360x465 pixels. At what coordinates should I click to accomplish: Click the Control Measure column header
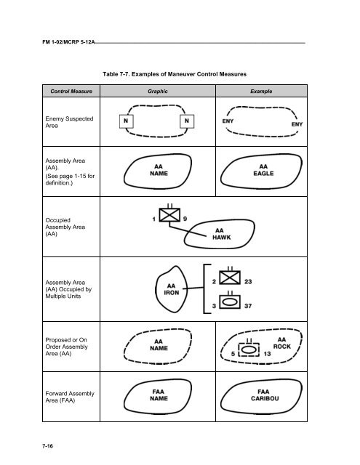(71, 92)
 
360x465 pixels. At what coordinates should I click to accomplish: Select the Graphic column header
(158, 92)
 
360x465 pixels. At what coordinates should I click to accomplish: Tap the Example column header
(261, 92)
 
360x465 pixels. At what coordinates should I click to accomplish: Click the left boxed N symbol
(126, 121)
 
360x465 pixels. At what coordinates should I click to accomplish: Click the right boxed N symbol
(187, 121)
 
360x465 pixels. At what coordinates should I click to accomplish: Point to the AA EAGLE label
(263, 170)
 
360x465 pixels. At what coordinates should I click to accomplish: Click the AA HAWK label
(221, 234)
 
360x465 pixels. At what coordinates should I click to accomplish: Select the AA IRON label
(172, 289)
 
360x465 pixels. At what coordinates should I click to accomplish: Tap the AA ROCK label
(282, 343)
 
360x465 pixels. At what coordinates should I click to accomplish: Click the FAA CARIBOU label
(265, 395)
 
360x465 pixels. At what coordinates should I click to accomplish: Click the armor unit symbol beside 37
(230, 300)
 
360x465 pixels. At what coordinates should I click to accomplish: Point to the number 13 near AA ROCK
(267, 354)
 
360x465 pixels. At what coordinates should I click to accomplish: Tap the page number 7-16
(47, 446)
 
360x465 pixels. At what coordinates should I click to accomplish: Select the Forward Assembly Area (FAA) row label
(70, 397)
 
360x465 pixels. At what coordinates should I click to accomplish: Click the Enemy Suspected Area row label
(69, 122)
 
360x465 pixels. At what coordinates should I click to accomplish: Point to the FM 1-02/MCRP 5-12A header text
(68, 42)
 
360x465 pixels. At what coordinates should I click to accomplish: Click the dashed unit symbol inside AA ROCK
(249, 349)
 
